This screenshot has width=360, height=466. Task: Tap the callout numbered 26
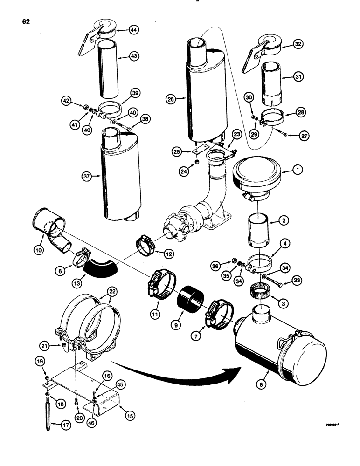[171, 99]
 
